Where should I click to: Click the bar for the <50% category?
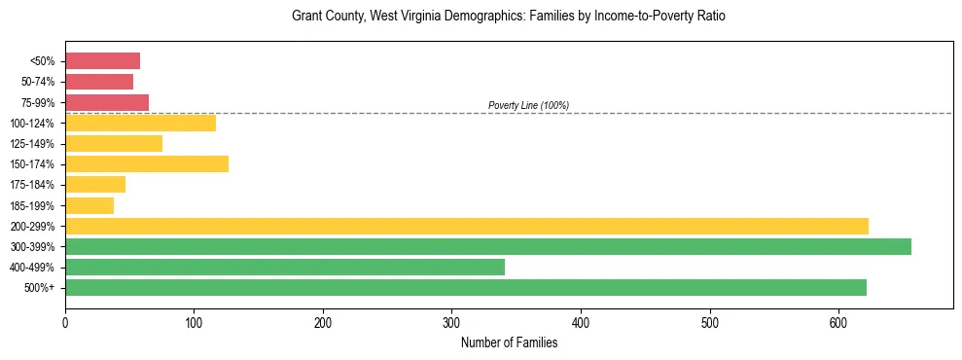pyautogui.click(x=102, y=61)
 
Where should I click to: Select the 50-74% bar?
pyautogui.click(x=99, y=82)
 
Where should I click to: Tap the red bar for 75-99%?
pyautogui.click(x=107, y=102)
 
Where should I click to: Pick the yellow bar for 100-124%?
pyautogui.click(x=140, y=123)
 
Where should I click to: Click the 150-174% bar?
pyautogui.click(x=147, y=163)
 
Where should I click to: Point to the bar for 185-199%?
pyautogui.click(x=89, y=205)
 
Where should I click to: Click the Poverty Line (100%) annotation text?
pyautogui.click(x=528, y=105)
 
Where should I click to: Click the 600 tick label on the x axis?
pyautogui.click(x=838, y=322)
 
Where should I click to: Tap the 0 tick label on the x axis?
pyautogui.click(x=65, y=322)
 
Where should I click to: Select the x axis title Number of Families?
pyautogui.click(x=509, y=342)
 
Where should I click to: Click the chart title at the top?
pyautogui.click(x=509, y=17)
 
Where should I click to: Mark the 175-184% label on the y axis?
pyautogui.click(x=32, y=185)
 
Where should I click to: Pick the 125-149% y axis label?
pyautogui.click(x=32, y=144)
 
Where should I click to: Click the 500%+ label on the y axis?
pyautogui.click(x=40, y=288)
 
